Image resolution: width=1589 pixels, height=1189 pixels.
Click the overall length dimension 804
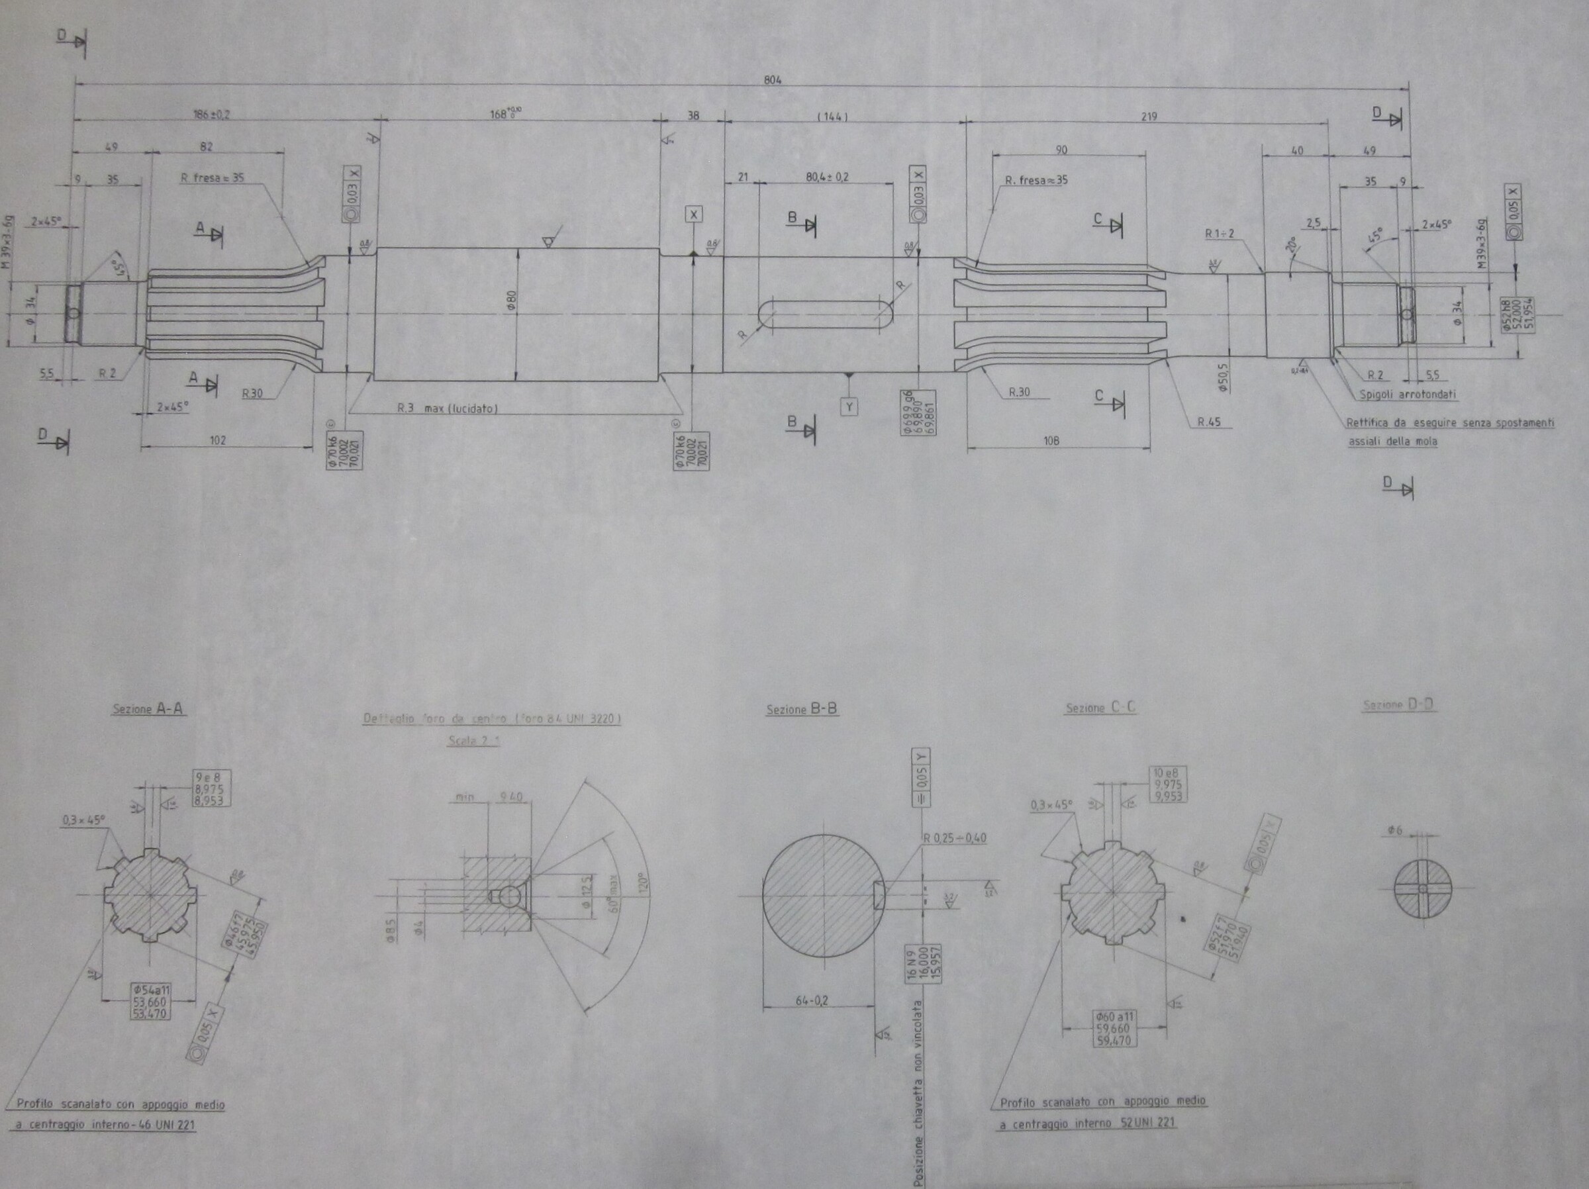(x=772, y=79)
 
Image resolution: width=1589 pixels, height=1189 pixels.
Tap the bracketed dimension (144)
(x=833, y=117)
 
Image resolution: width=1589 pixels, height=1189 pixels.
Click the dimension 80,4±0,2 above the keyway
(x=827, y=177)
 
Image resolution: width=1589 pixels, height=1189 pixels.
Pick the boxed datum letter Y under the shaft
(x=849, y=407)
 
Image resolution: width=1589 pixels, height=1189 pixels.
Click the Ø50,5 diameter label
(x=1224, y=376)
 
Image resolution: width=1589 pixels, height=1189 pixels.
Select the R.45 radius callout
(x=1209, y=422)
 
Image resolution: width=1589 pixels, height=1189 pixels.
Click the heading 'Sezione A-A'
(x=148, y=709)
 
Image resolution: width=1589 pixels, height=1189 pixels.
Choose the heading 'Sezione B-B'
(x=802, y=710)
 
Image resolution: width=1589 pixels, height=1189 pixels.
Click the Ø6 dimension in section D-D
(x=1395, y=830)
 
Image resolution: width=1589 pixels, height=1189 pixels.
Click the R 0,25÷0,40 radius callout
(x=955, y=837)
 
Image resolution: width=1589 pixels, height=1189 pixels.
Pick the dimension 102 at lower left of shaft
(x=218, y=440)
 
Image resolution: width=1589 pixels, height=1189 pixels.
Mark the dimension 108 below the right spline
(x=1050, y=440)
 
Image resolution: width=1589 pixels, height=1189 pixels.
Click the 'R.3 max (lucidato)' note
(x=448, y=408)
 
